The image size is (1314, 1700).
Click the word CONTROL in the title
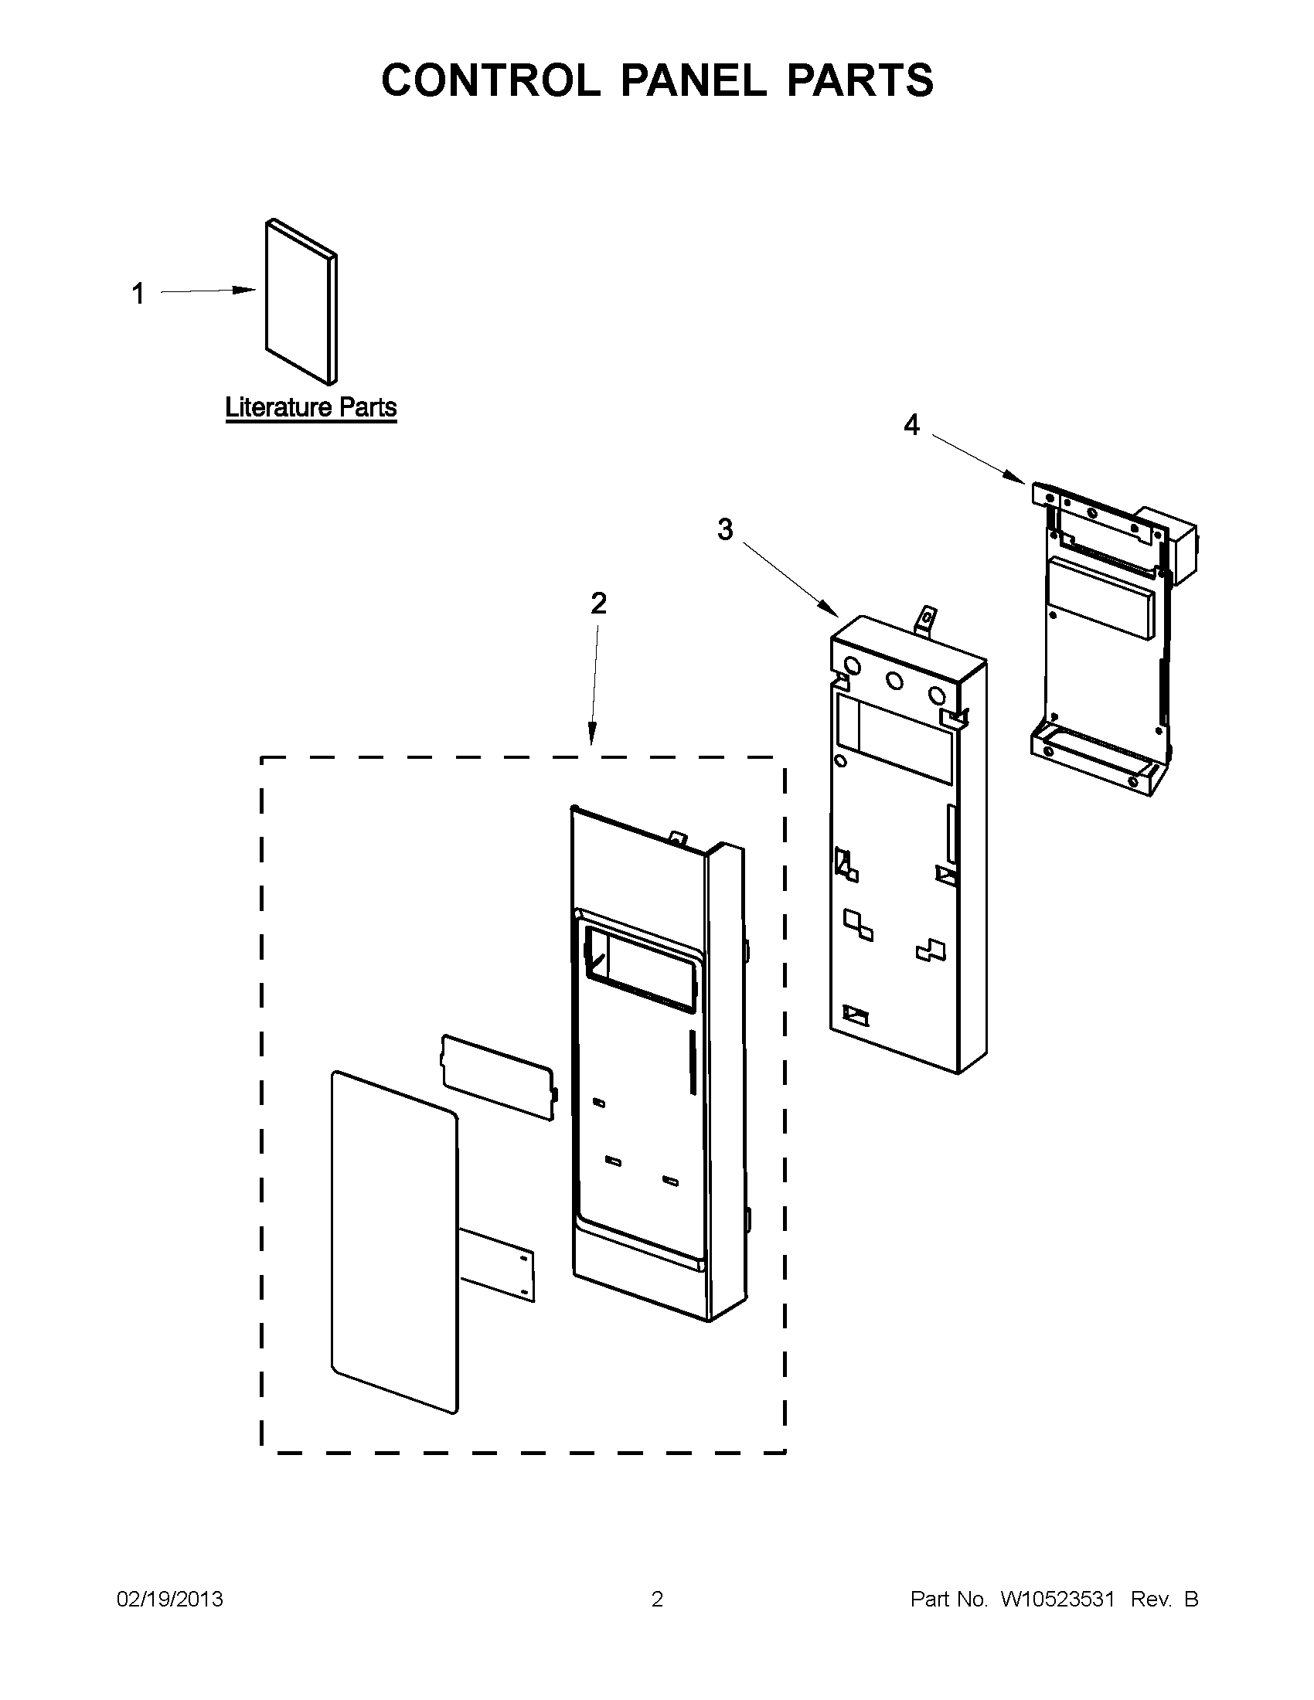click(489, 80)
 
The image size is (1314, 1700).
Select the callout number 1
click(138, 294)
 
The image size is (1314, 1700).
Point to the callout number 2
click(597, 603)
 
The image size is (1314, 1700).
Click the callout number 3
click(725, 530)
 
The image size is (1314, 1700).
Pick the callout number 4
click(911, 425)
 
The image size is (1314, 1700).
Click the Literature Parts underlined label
click(311, 407)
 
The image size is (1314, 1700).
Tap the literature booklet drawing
click(300, 304)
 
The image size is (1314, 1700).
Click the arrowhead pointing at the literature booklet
click(247, 291)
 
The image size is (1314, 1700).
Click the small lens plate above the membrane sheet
click(499, 1076)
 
